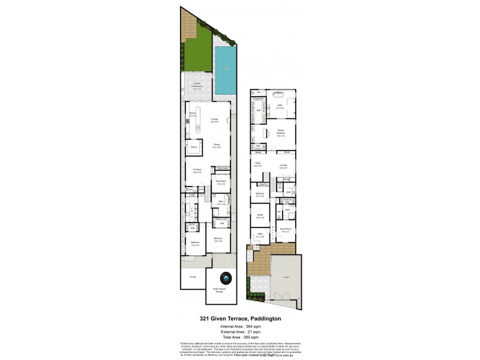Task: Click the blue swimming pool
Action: (226, 71)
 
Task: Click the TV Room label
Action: (196, 171)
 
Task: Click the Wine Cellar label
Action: (221, 169)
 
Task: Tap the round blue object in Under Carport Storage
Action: (226, 278)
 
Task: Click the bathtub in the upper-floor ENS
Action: (278, 95)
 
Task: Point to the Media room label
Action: (260, 216)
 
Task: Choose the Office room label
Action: (260, 236)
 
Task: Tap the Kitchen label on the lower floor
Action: (193, 114)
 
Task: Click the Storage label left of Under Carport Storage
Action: (193, 277)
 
